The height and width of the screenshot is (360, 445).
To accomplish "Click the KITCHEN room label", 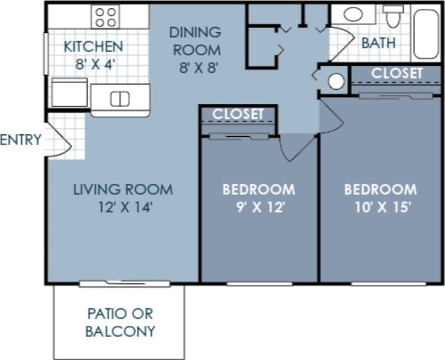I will click(x=94, y=46).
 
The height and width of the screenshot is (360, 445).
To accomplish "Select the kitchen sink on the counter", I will click(x=120, y=99).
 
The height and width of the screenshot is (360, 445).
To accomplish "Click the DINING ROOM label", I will click(x=194, y=40).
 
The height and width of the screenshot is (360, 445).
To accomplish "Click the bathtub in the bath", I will click(x=426, y=34).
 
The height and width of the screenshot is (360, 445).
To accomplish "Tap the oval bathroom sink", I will click(x=353, y=14).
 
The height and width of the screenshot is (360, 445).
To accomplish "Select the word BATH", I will click(x=379, y=43).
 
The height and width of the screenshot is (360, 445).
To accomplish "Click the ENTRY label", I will click(x=21, y=139).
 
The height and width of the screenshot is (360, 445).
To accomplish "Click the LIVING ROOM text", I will click(x=123, y=190).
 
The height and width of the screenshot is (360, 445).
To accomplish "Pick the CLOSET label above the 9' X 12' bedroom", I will click(x=239, y=114).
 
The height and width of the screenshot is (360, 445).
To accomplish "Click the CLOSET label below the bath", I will click(x=397, y=74).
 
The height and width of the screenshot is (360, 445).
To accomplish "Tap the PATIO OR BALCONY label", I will click(x=121, y=323).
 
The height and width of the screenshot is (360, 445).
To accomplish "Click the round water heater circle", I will click(x=336, y=81).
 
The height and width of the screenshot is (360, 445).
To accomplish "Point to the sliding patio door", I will click(x=124, y=283).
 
